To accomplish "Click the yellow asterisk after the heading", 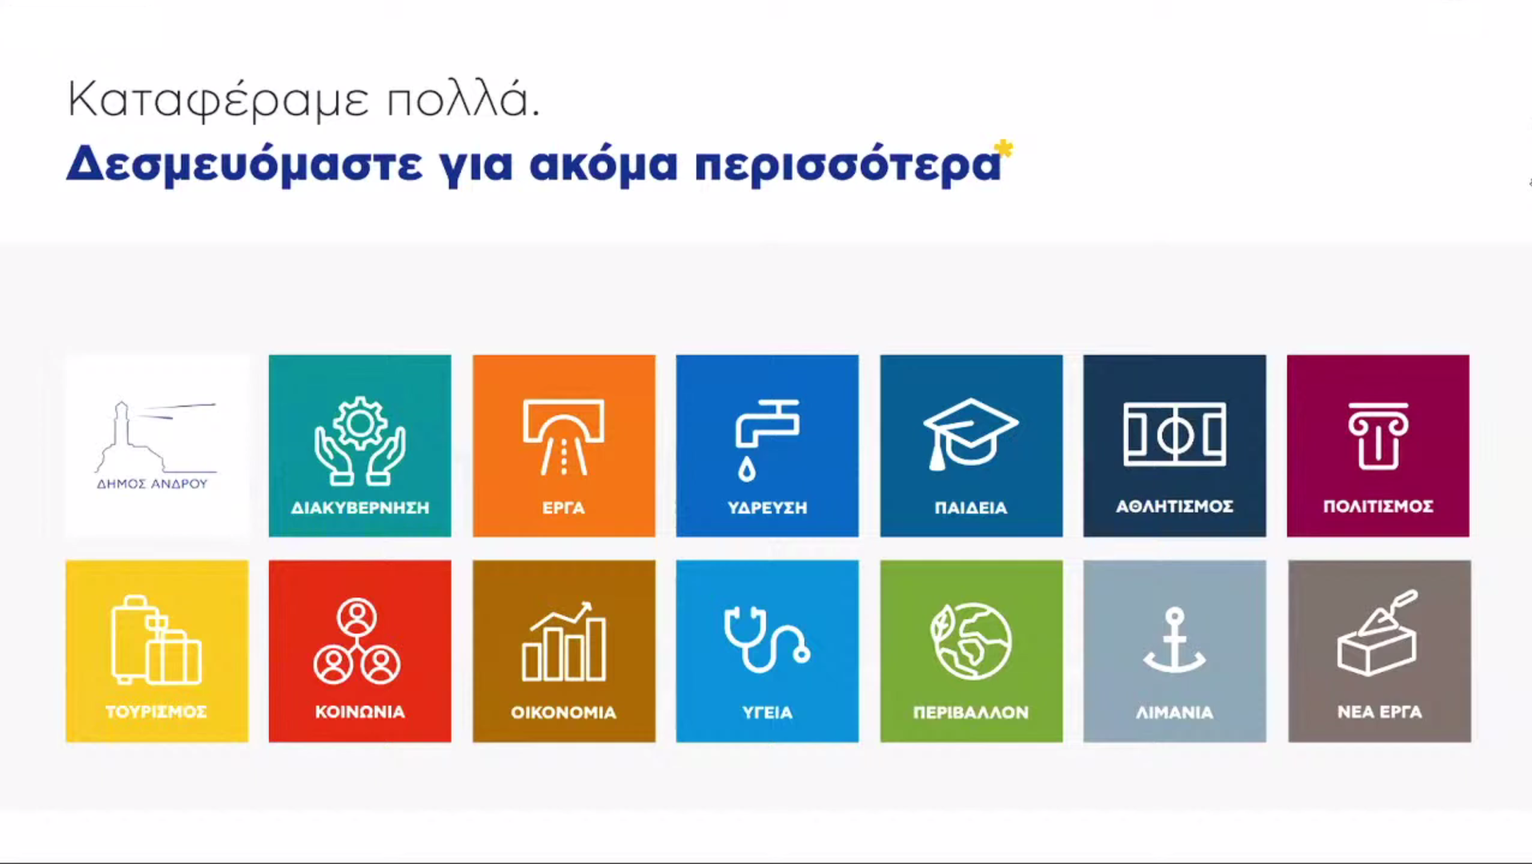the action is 1004,148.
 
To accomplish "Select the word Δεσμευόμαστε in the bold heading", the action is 244,165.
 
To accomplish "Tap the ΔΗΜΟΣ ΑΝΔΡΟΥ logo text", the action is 152,483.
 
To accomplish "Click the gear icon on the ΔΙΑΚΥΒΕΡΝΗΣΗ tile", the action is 359,422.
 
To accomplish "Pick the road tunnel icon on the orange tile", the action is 563,437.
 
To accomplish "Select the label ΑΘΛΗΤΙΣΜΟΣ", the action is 1174,506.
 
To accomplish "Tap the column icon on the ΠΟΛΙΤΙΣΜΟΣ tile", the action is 1378,436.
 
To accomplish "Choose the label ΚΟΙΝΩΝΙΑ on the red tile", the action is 359,712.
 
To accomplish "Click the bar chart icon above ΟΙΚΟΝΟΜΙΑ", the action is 563,642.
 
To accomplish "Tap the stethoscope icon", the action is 767,639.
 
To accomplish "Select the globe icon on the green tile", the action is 971,641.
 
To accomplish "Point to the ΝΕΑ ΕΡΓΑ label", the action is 1379,712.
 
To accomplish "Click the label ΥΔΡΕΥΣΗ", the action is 767,507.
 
